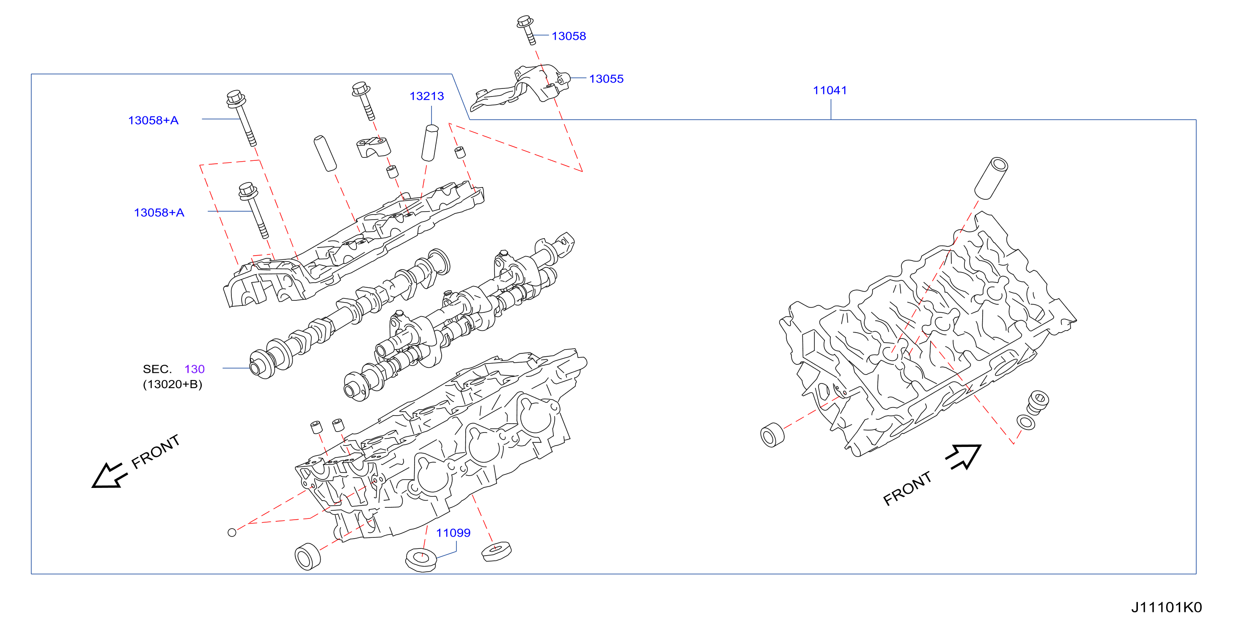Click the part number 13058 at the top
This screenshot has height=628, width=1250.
[569, 36]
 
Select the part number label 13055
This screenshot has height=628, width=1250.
[606, 79]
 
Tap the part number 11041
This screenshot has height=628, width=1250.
[830, 90]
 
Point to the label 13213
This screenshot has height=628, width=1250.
[426, 96]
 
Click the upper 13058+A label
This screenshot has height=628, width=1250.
[153, 120]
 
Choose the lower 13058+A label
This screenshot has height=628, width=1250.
[159, 212]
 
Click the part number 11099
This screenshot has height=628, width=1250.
[453, 533]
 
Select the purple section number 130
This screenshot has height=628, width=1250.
[195, 369]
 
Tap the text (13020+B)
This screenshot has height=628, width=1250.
[172, 384]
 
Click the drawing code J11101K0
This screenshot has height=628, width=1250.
[1167, 608]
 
